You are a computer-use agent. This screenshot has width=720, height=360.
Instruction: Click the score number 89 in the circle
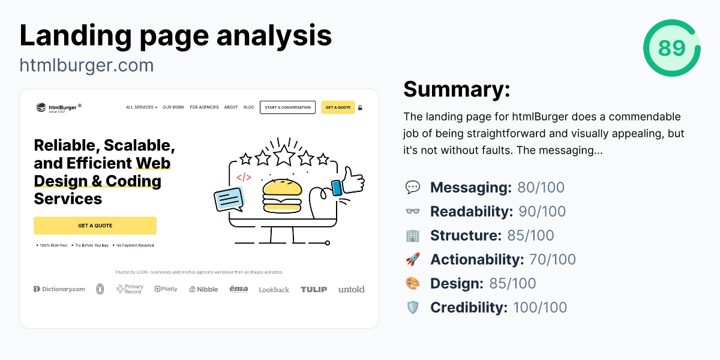pyautogui.click(x=671, y=48)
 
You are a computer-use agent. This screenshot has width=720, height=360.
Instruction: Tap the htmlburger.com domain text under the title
pyautogui.click(x=86, y=65)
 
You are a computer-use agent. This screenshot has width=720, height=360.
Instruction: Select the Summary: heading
pyautogui.click(x=457, y=89)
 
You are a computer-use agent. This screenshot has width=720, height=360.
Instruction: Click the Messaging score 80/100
pyautogui.click(x=541, y=187)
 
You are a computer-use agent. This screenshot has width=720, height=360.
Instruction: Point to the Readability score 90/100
pyautogui.click(x=542, y=211)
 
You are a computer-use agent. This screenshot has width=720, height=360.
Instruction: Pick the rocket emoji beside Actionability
pyautogui.click(x=413, y=259)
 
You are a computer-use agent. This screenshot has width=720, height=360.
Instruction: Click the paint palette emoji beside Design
pyautogui.click(x=413, y=283)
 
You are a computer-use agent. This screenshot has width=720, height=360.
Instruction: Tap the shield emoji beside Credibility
pyautogui.click(x=413, y=307)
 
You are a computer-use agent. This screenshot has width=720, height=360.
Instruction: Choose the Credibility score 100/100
pyautogui.click(x=539, y=307)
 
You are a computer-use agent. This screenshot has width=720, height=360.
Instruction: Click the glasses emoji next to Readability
pyautogui.click(x=413, y=211)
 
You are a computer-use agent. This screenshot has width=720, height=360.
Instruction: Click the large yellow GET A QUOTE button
pyautogui.click(x=95, y=226)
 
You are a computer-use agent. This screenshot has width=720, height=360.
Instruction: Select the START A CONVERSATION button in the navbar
pyautogui.click(x=287, y=107)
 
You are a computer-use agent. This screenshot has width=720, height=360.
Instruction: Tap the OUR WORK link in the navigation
pyautogui.click(x=173, y=107)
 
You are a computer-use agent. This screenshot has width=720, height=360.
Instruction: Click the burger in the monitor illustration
pyautogui.click(x=281, y=194)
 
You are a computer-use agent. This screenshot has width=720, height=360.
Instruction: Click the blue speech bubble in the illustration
pyautogui.click(x=229, y=199)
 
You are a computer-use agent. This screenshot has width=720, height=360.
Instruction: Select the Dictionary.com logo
pyautogui.click(x=59, y=289)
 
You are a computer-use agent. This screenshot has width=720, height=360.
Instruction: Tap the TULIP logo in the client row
pyautogui.click(x=314, y=289)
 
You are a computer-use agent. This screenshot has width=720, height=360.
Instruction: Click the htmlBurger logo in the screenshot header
pyautogui.click(x=58, y=107)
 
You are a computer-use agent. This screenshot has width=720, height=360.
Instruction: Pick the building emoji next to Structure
pyautogui.click(x=413, y=235)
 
